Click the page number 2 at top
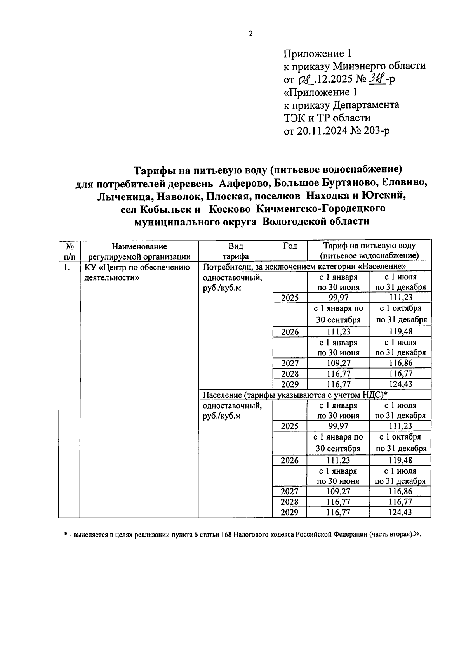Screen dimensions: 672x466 click(250, 34)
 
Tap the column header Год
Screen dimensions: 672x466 click(290, 246)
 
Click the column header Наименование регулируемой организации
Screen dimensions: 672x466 click(139, 251)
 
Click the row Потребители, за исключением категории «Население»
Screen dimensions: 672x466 click(304, 267)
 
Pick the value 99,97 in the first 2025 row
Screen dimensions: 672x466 click(338, 298)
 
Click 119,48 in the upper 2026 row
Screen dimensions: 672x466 click(400, 332)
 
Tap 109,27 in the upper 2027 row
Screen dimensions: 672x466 click(338, 364)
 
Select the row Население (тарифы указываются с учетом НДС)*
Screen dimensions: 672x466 click(296, 395)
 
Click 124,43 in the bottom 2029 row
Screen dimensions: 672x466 click(400, 513)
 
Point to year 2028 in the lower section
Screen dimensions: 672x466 click(290, 502)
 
